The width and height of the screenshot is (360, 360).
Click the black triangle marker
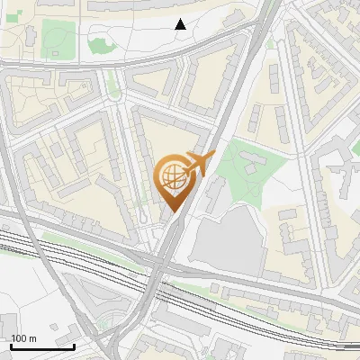[181, 24]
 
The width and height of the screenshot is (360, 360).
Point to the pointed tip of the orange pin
[172, 211]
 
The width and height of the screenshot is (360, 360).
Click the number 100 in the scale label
[19, 337]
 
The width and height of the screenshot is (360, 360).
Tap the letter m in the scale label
[32, 337]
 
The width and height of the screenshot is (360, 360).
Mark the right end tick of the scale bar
[74, 344]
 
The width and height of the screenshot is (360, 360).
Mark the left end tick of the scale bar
[11, 344]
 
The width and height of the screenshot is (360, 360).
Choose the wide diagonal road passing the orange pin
[216, 135]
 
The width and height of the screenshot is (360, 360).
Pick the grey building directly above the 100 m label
[9, 322]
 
